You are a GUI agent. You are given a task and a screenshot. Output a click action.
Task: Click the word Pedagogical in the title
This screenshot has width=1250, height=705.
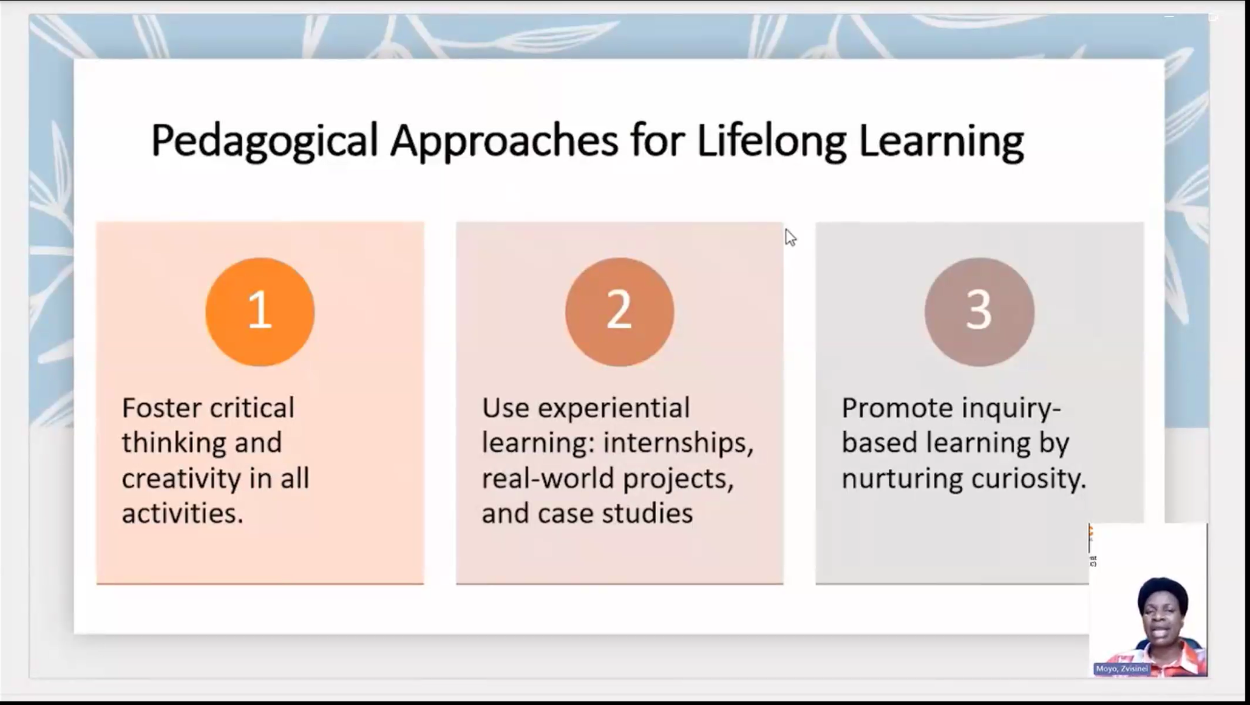tap(264, 141)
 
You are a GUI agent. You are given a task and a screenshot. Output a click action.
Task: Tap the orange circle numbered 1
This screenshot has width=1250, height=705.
tap(260, 312)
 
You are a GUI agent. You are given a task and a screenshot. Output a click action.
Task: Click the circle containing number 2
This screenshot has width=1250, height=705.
tap(619, 312)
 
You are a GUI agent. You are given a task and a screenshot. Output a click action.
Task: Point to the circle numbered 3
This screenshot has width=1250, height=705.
tap(979, 312)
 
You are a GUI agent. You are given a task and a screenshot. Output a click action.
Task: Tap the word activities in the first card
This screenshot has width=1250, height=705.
tap(182, 514)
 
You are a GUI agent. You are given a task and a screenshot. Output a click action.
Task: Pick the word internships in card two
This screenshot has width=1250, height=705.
tap(678, 443)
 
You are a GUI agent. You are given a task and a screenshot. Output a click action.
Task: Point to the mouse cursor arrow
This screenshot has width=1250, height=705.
tap(790, 237)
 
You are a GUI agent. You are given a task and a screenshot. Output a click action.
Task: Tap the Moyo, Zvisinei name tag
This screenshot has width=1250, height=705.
tap(1122, 669)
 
